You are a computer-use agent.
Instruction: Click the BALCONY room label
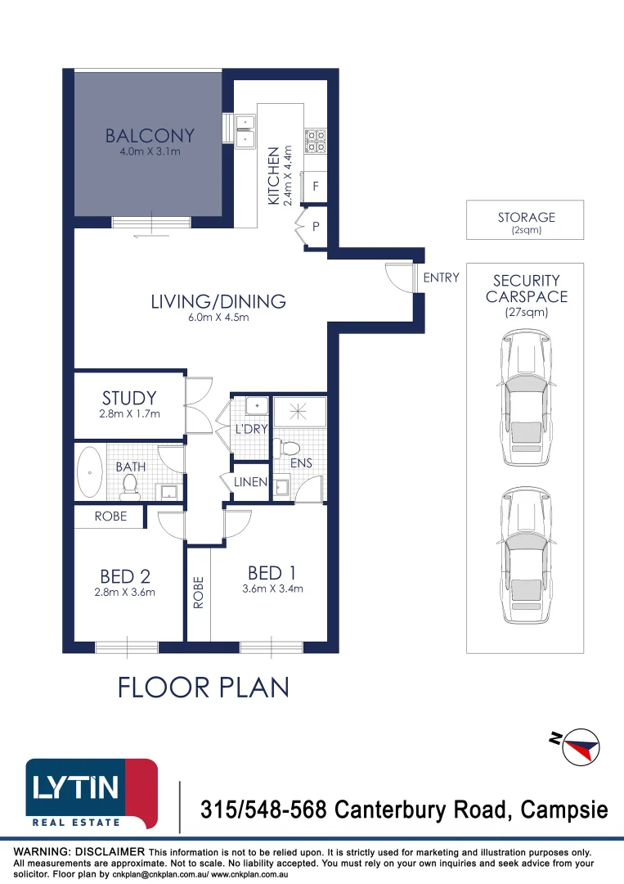(x=150, y=136)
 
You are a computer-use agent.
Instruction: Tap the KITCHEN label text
(x=275, y=176)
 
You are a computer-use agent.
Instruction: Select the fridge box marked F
(x=316, y=187)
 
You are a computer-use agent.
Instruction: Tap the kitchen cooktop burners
(x=316, y=141)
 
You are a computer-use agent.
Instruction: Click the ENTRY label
(x=441, y=278)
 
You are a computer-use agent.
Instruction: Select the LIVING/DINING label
(x=218, y=301)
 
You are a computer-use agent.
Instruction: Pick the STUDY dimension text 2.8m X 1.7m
(x=129, y=414)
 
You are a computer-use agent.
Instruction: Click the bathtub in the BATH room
(x=89, y=471)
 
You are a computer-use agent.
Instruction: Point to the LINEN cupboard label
(x=250, y=482)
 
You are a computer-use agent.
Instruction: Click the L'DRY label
(x=251, y=429)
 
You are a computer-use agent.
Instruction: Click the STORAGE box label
(x=526, y=218)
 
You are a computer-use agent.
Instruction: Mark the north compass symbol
(x=579, y=746)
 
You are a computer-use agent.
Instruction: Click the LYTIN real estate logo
(x=92, y=793)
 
